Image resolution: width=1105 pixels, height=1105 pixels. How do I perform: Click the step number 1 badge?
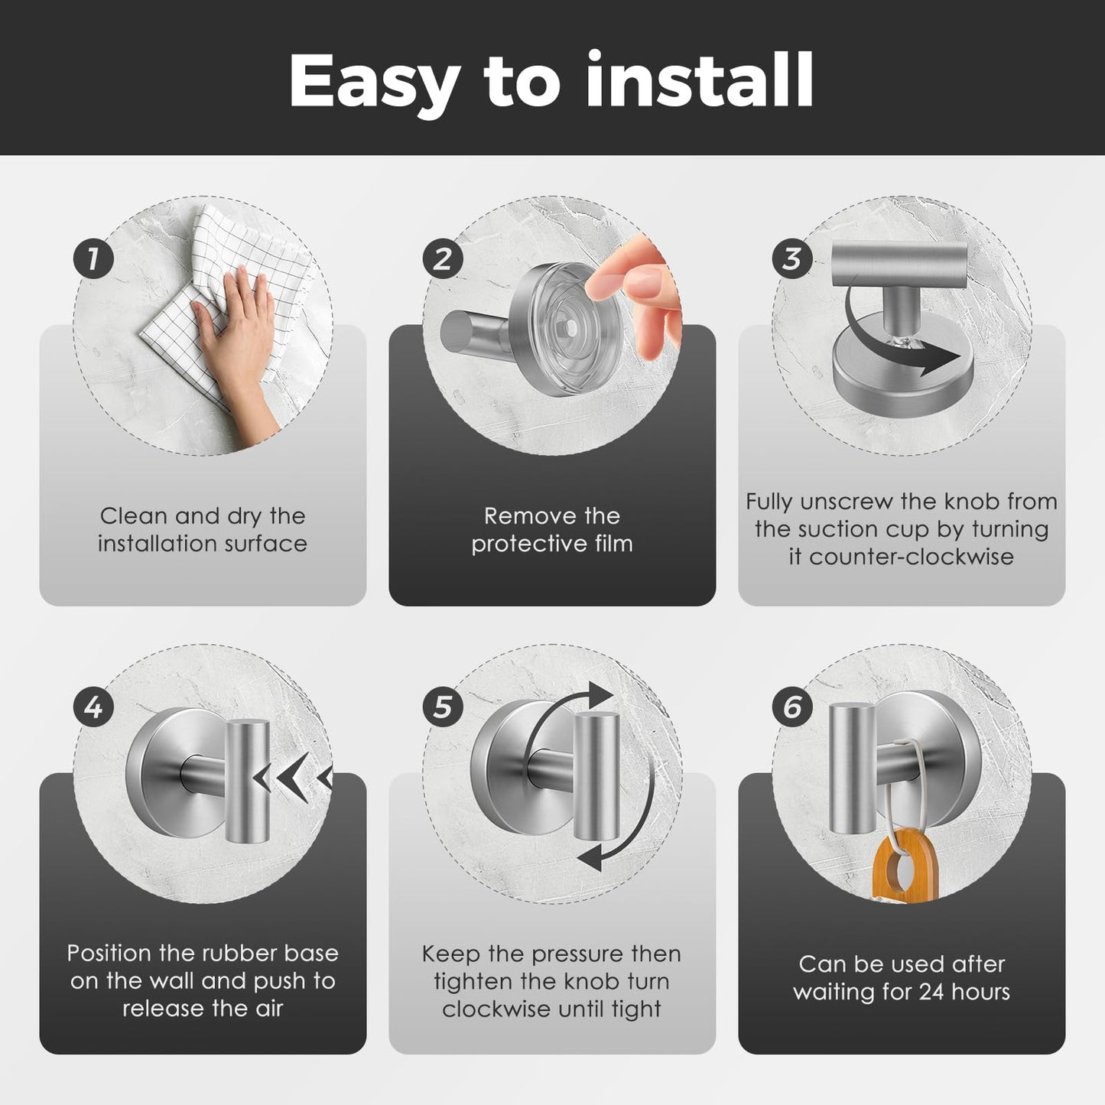coord(93,259)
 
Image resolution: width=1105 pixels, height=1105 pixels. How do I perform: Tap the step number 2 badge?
coord(443,259)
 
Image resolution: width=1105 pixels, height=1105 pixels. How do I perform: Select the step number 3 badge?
coord(792,259)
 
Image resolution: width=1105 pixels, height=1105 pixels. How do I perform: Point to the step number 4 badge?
coord(93,707)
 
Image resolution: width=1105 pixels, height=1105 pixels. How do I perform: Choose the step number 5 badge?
coord(443,707)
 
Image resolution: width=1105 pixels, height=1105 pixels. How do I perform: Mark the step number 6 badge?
coord(792,707)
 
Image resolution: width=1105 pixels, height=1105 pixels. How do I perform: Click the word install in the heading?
coord(699,80)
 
